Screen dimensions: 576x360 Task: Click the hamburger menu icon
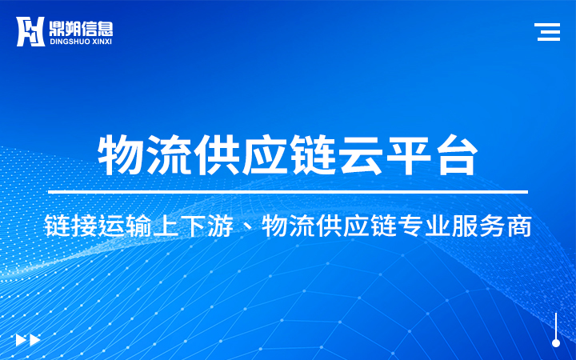[x=547, y=31]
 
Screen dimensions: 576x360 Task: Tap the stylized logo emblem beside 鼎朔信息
[x=30, y=31]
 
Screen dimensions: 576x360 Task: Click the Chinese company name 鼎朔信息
[x=81, y=28]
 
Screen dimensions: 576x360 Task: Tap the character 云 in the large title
[x=361, y=154]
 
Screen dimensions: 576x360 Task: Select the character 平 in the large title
[x=410, y=154]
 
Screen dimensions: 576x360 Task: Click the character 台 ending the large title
[x=457, y=154]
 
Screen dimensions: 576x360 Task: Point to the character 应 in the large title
[x=265, y=154]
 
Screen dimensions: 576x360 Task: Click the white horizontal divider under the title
[x=288, y=192]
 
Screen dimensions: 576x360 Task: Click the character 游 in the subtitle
[x=220, y=226]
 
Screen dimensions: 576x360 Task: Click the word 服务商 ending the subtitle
[x=492, y=226]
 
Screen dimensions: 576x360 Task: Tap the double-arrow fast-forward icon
[x=28, y=340]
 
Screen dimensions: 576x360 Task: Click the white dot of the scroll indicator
[x=556, y=343]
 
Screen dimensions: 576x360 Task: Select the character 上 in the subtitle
[x=166, y=226]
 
